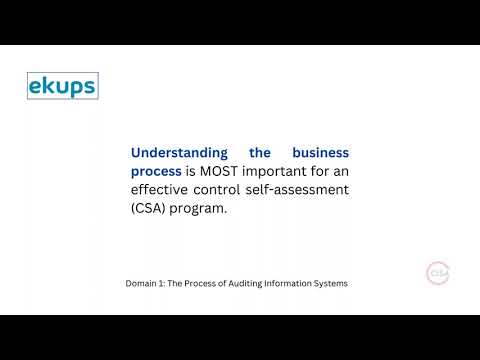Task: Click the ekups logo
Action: pyautogui.click(x=62, y=86)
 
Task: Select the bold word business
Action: pyautogui.click(x=320, y=153)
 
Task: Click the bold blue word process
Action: pyautogui.click(x=156, y=172)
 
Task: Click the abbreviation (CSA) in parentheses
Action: pyautogui.click(x=149, y=210)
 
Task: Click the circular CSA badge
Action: pyautogui.click(x=438, y=273)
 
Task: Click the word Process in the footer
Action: pyautogui.click(x=204, y=284)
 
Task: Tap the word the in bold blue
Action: pyautogui.click(x=260, y=153)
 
